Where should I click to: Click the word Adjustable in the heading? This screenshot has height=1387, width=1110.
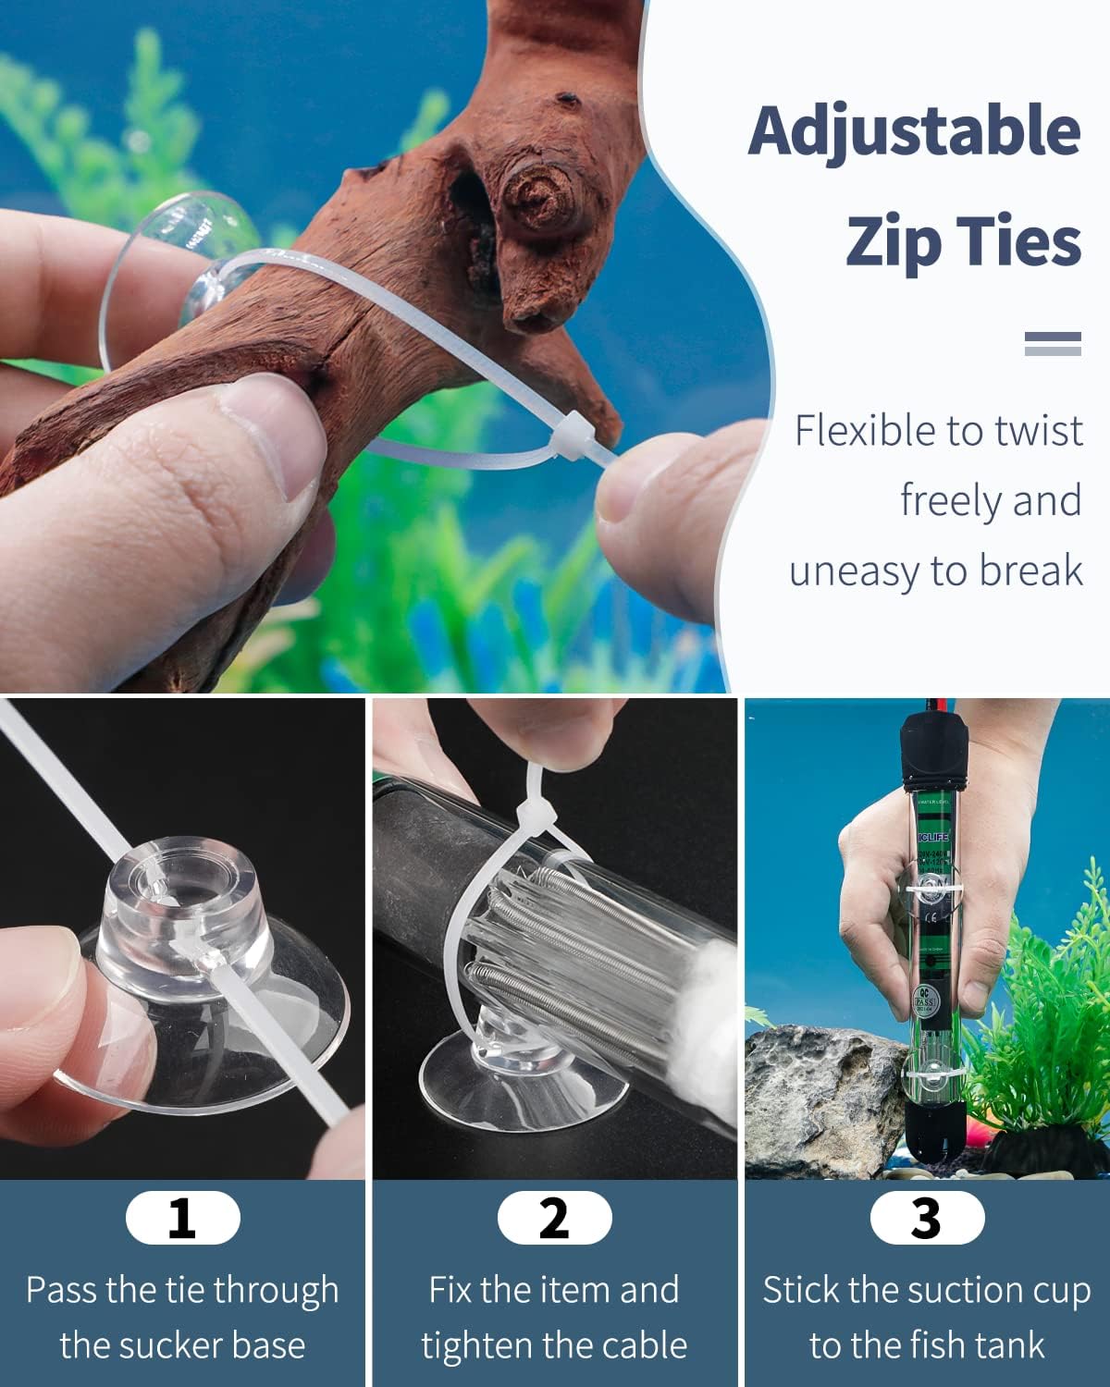click(914, 131)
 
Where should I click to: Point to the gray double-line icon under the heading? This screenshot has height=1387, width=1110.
click(1053, 344)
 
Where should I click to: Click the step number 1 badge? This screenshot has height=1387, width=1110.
click(182, 1218)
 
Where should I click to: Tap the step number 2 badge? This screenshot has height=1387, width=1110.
click(554, 1218)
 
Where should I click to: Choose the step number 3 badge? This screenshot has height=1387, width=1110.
click(927, 1218)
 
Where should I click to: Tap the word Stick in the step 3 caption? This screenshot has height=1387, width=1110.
click(798, 1290)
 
